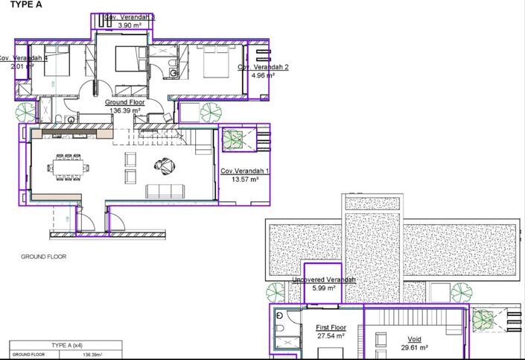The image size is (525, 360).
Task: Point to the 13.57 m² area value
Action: [244, 180]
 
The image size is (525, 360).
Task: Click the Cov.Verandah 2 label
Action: [263, 67]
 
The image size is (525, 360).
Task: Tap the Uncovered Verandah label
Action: [324, 280]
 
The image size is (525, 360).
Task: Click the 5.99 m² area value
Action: [324, 288]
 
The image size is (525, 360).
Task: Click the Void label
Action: [414, 339]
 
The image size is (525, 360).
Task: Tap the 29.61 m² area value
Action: [414, 347]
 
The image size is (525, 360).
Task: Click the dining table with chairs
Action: [67, 168]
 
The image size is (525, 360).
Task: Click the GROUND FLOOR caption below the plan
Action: [43, 256]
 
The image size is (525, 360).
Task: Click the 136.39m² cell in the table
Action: [92, 355]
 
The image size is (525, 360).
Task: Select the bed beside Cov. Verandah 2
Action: [220, 64]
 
